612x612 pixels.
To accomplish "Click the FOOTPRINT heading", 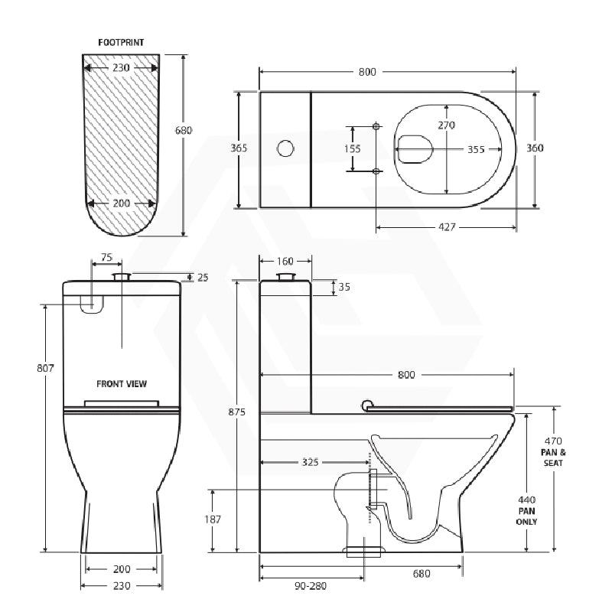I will (122, 43).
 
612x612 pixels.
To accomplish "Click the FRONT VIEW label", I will (122, 383).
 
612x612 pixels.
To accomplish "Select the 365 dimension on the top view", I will (239, 148).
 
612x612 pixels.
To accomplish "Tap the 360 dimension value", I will (535, 148).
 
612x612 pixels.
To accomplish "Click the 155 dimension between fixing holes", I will (352, 148).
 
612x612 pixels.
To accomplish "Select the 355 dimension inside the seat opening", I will (476, 149).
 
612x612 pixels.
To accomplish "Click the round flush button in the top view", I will (285, 148).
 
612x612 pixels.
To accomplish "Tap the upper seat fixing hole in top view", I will (376, 125).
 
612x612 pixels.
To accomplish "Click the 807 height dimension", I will (45, 368).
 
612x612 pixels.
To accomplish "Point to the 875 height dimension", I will (236, 412).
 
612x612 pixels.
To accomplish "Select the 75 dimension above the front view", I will (106, 258).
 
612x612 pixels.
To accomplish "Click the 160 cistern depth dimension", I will (285, 261).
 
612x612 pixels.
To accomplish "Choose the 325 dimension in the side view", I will (310, 462).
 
